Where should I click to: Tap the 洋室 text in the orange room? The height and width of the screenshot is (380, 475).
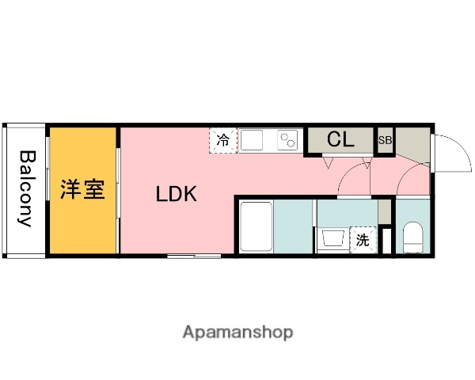[83, 191]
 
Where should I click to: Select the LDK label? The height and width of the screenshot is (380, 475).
[176, 193]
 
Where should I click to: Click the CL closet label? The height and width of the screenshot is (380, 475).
[340, 140]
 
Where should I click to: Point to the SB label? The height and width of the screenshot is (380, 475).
[385, 141]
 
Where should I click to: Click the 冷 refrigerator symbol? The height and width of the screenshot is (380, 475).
[223, 141]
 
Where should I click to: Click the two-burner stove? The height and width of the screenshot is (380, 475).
[287, 140]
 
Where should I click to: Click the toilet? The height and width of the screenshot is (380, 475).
[412, 237]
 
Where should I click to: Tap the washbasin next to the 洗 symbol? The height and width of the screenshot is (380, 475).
[332, 239]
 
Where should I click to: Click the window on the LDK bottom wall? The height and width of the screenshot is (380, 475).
[194, 255]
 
